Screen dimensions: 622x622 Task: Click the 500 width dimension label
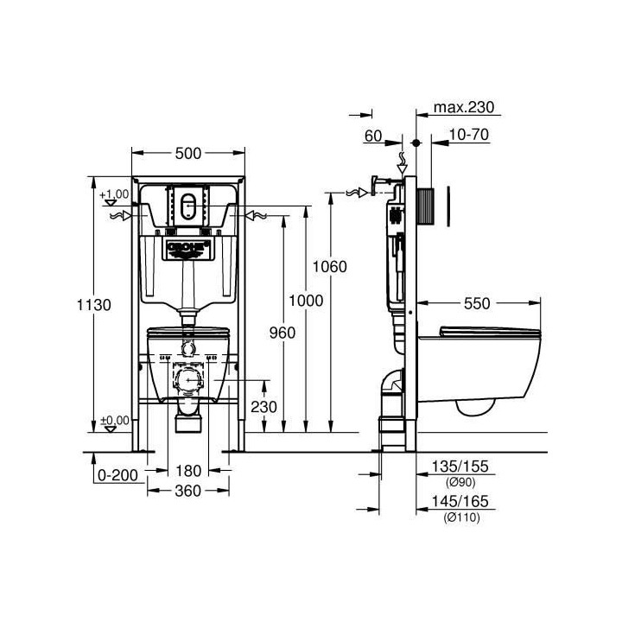tap(187, 153)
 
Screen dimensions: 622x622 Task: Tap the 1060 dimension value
tap(331, 267)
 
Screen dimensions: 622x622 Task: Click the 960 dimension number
tap(282, 333)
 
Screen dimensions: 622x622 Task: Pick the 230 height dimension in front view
tap(263, 407)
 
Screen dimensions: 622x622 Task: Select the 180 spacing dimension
tap(187, 471)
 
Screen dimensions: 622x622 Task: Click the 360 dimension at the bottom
tap(187, 491)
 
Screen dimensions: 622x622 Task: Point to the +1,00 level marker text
tap(114, 194)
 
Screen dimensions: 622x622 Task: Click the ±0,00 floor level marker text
tap(114, 420)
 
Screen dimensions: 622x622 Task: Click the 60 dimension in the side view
tap(373, 135)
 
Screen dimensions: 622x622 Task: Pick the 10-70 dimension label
tap(471, 135)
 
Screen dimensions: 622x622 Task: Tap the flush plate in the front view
tap(187, 206)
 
